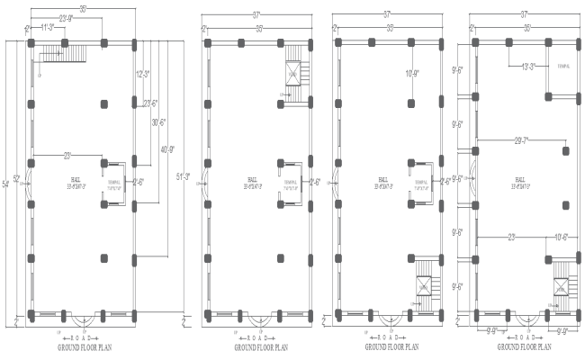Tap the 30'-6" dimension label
(159, 122)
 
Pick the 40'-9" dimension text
(170, 148)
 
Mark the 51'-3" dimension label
(184, 177)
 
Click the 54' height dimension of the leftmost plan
(6, 184)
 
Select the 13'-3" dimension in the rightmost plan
(526, 67)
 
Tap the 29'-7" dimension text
(521, 139)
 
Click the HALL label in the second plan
(253, 179)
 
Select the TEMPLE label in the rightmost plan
(563, 67)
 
